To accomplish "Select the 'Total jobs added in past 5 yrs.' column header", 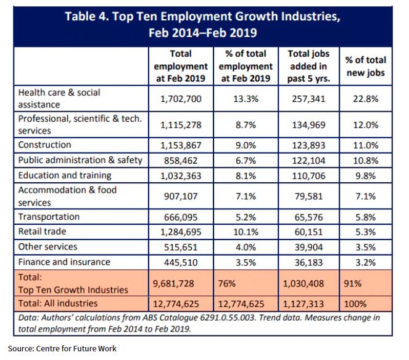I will click(x=308, y=65).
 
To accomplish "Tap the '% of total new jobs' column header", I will click(x=365, y=66).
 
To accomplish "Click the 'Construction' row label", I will click(x=45, y=145).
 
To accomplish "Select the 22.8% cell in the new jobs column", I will click(x=365, y=98).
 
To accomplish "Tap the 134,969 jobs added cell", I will click(x=308, y=124).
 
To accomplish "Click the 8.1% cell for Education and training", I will click(x=246, y=175).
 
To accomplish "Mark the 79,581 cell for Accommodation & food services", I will click(x=308, y=196).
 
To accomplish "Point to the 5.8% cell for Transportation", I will click(x=365, y=217).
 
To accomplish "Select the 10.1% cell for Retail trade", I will click(x=246, y=232).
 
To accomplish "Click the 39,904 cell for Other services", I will click(x=308, y=246).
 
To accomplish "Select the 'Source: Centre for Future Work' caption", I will click(x=62, y=349).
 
